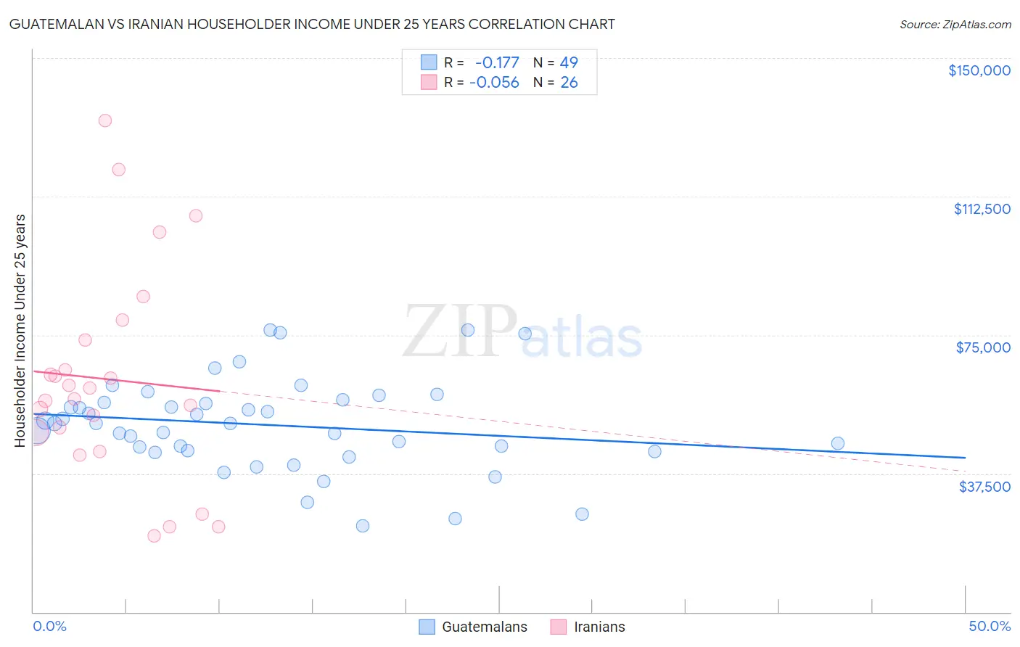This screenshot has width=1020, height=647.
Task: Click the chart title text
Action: coord(312,25)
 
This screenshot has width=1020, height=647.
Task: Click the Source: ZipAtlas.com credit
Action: coord(955,25)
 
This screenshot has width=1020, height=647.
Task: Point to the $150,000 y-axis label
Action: coord(979,70)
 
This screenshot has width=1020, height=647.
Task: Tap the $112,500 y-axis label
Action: coord(982,209)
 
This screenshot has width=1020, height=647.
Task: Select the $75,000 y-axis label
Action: coord(983,347)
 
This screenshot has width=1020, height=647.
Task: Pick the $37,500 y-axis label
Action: coord(984,487)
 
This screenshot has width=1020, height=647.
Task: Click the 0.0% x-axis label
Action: coord(49,626)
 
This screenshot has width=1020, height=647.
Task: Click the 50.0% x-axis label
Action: coord(990,626)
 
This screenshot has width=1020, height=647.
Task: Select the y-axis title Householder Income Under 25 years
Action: coord(20,330)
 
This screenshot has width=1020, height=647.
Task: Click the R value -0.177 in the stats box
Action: coord(497,62)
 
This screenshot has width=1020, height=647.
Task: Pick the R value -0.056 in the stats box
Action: coord(494,83)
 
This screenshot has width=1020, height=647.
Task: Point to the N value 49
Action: coord(569,62)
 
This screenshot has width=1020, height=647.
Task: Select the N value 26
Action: coord(569,83)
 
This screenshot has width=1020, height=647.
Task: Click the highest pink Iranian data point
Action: coord(105,120)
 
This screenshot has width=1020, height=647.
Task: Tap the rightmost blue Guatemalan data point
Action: coord(837,443)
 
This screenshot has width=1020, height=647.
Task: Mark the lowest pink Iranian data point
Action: coord(154,536)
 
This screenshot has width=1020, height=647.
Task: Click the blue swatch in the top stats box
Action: coord(429,62)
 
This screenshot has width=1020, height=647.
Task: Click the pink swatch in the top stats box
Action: coord(429,83)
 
